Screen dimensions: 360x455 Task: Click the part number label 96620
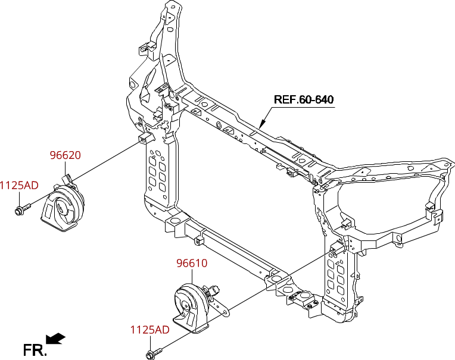pos(65,155)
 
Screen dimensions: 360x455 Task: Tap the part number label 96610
pos(191,263)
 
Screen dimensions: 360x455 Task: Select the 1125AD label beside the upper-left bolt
pos(18,185)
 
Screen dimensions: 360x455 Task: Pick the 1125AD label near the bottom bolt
pos(149,330)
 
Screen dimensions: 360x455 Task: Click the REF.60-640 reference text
pos(303,99)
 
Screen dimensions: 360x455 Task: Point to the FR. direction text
pos(35,350)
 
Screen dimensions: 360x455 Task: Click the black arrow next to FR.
pos(56,339)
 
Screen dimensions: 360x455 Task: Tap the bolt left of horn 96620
pos(22,209)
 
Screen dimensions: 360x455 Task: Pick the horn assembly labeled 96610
pos(191,306)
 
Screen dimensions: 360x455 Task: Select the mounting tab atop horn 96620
pos(67,177)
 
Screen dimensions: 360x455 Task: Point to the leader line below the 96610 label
pos(192,276)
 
